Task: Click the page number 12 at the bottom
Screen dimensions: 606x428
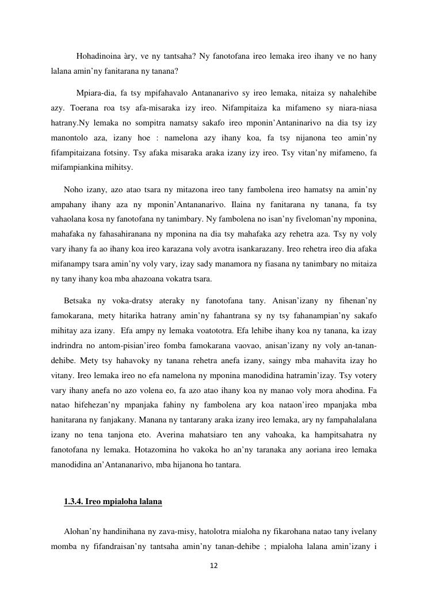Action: pos(213,566)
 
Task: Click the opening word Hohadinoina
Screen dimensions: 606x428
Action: pos(99,56)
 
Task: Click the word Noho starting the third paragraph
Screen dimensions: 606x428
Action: pos(74,189)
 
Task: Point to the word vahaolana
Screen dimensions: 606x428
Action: pos(70,219)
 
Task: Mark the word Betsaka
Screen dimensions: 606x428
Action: pos(78,300)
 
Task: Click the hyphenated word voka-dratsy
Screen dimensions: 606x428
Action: pos(131,300)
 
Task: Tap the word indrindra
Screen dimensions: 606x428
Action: pos(67,345)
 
